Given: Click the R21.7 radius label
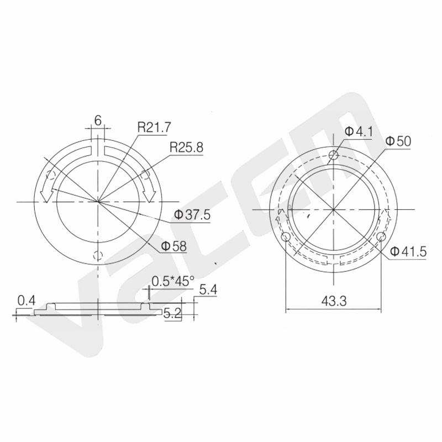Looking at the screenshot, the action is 154,128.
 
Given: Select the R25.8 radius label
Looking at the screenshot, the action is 186,147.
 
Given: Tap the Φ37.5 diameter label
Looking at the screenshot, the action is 192,215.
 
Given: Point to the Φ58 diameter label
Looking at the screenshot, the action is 174,246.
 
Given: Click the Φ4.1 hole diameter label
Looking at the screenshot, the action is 359,131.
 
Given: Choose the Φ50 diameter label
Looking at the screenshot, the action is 398,141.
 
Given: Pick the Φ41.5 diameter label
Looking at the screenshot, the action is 408,251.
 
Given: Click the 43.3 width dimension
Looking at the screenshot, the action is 334,301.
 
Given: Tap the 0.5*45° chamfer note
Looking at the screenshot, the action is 173,281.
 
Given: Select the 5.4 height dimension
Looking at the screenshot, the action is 208,290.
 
